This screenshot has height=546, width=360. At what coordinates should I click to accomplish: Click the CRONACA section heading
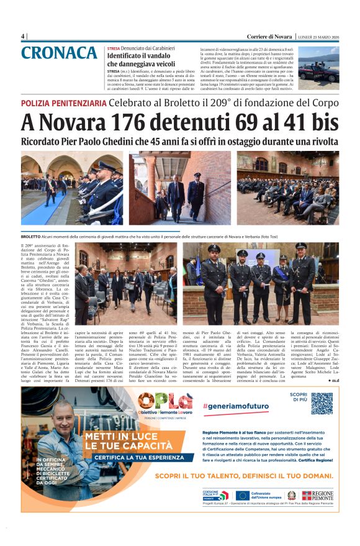click(62, 53)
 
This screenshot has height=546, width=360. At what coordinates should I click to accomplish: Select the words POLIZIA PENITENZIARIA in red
click(63, 102)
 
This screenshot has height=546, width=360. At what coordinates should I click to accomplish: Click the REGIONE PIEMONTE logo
click(317, 495)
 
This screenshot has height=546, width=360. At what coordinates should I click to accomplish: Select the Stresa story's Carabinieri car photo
click(317, 68)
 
